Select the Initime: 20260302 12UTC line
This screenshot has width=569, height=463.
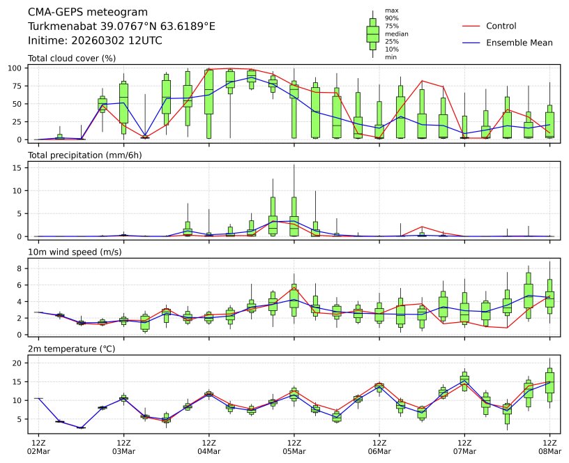(95, 40)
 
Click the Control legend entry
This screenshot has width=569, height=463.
(501, 26)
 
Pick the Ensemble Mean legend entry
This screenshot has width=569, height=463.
(519, 43)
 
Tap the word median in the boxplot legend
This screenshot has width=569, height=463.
(397, 33)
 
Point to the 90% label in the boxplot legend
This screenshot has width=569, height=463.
(392, 18)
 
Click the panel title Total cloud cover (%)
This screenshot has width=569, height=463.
(72, 58)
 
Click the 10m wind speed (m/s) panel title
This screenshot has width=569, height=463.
(75, 252)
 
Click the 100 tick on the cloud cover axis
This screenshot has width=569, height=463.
(16, 68)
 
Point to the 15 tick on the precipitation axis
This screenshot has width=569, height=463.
(19, 167)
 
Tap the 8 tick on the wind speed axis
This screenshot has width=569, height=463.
(21, 268)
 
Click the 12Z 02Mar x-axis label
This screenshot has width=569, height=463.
(38, 446)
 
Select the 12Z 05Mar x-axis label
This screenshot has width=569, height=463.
(294, 446)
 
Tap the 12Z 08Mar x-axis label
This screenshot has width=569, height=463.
(549, 446)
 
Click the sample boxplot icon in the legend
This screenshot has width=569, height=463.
(373, 33)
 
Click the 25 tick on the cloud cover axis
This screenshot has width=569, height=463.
(19, 121)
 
